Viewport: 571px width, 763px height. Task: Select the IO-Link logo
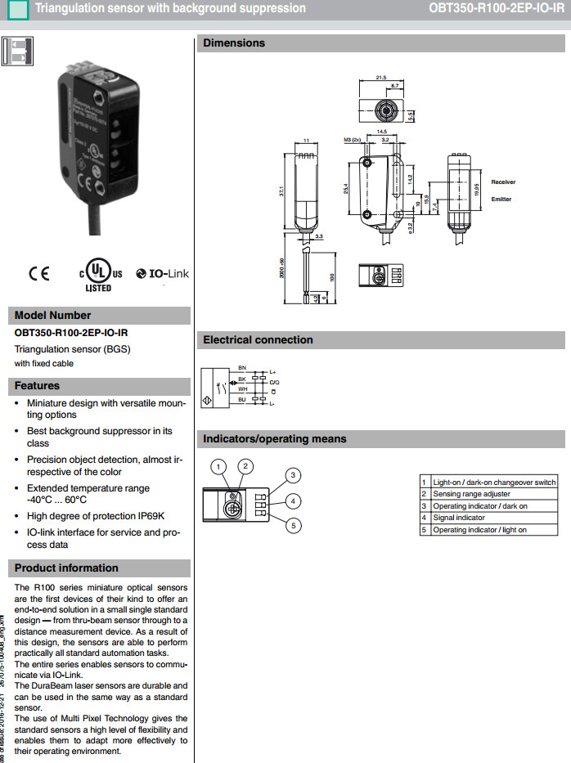162,274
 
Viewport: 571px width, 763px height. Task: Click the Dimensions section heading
234,43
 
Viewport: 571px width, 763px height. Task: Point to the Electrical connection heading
258,340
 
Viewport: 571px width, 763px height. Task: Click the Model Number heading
53,315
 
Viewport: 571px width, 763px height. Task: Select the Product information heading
66,568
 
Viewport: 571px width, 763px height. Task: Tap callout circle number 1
218,467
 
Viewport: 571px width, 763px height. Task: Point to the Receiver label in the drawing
503,182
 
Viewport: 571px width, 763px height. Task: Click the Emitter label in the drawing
501,199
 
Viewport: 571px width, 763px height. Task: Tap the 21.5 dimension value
381,78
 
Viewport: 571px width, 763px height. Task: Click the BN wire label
241,368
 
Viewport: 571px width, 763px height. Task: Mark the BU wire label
241,399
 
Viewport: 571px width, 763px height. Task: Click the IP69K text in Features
150,516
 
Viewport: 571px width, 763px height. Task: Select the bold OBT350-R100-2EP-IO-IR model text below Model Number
71,333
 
